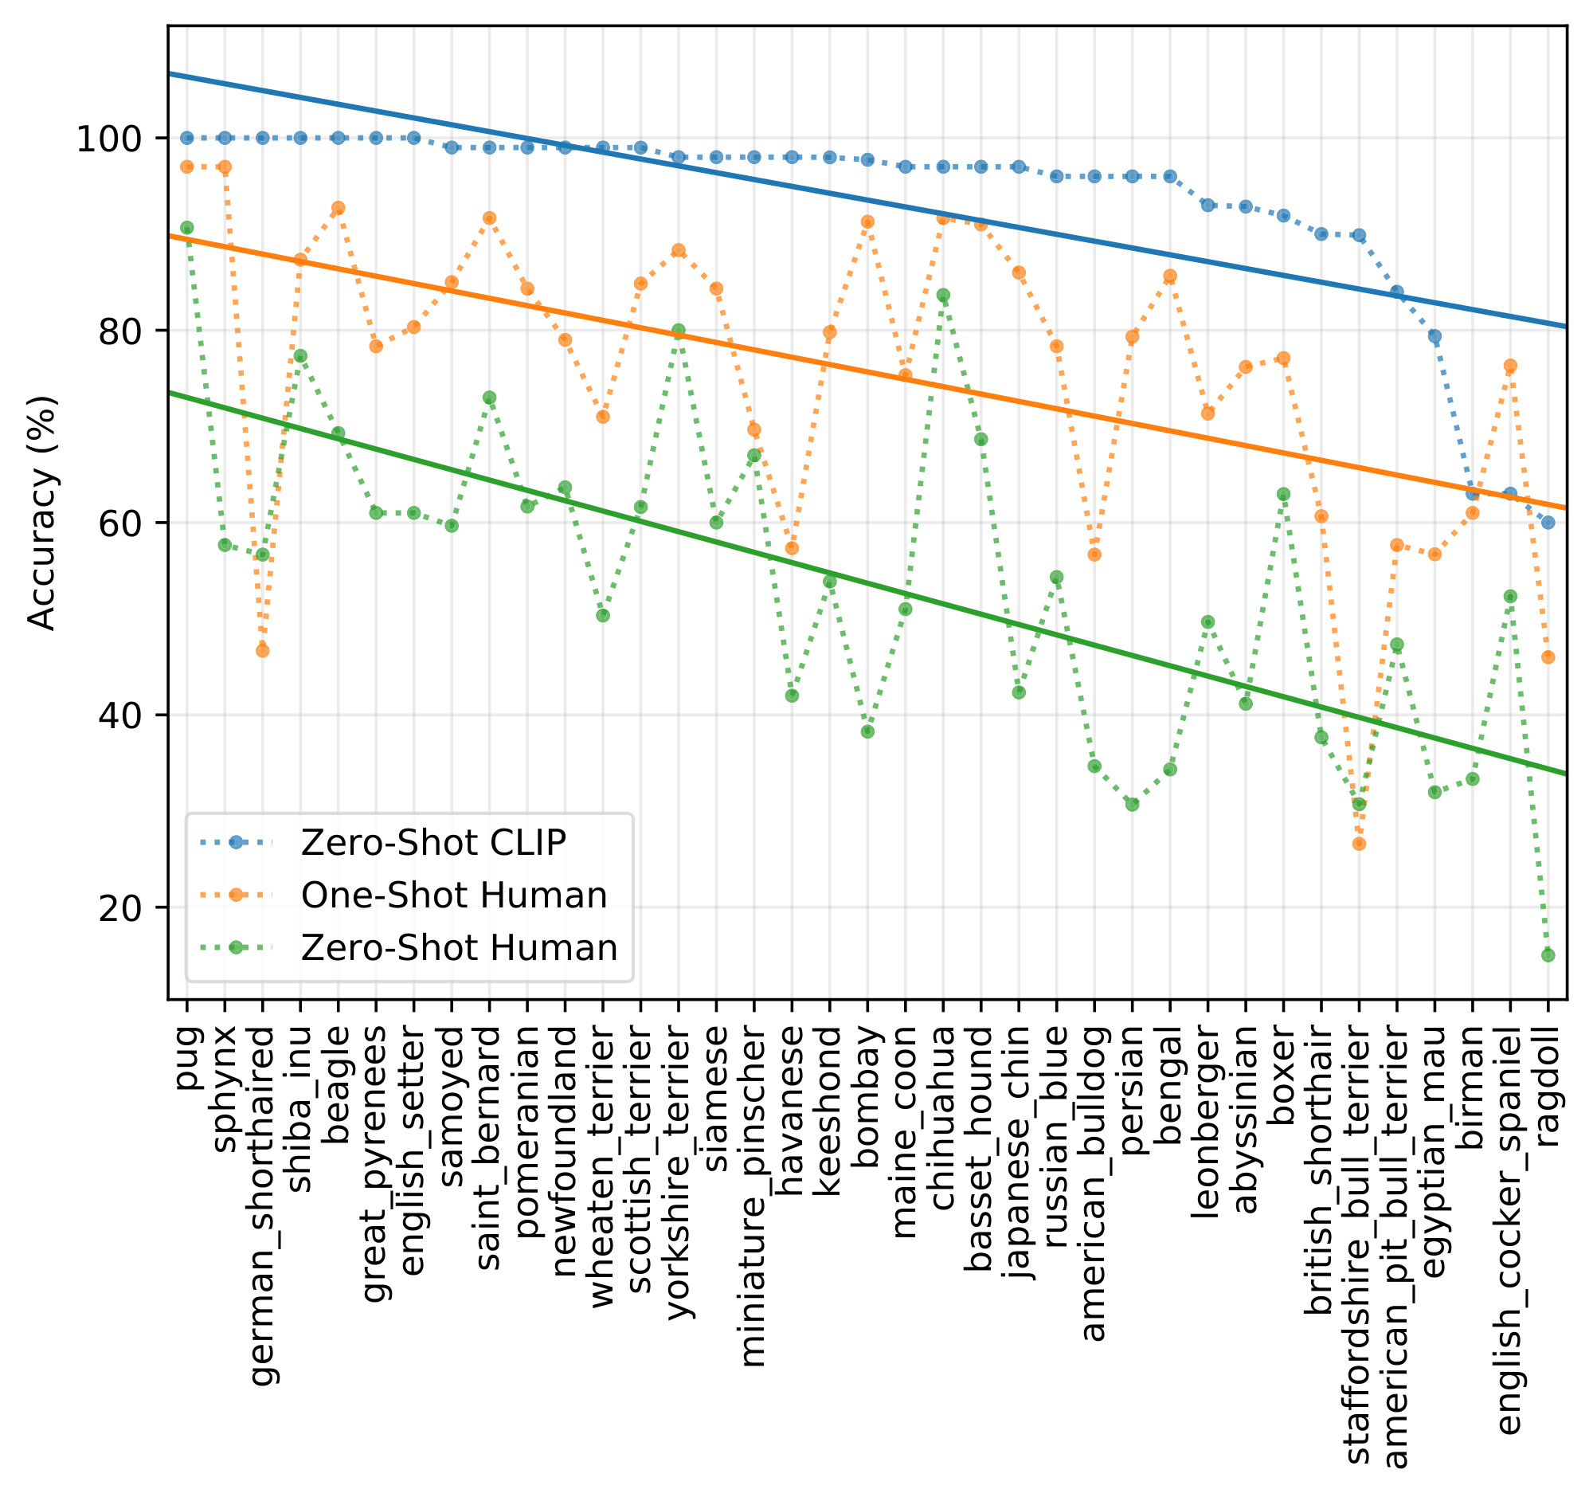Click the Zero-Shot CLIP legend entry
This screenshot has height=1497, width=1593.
coord(432,842)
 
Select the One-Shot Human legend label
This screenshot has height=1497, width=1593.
coord(453,895)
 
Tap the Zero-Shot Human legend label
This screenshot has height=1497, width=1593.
coord(458,948)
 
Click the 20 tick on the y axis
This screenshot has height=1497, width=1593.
coord(119,908)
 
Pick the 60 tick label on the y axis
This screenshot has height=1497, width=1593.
coord(119,523)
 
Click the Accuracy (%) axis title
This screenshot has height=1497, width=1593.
coord(41,513)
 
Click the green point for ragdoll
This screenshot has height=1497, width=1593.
coord(1548,955)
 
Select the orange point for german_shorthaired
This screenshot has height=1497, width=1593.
coord(262,651)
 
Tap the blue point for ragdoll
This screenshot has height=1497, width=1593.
coord(1548,523)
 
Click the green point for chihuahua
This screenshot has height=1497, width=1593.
coord(943,296)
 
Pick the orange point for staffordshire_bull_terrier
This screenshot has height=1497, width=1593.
coord(1359,844)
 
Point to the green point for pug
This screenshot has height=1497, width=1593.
coord(186,229)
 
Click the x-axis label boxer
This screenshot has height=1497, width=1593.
coord(1283,1066)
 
